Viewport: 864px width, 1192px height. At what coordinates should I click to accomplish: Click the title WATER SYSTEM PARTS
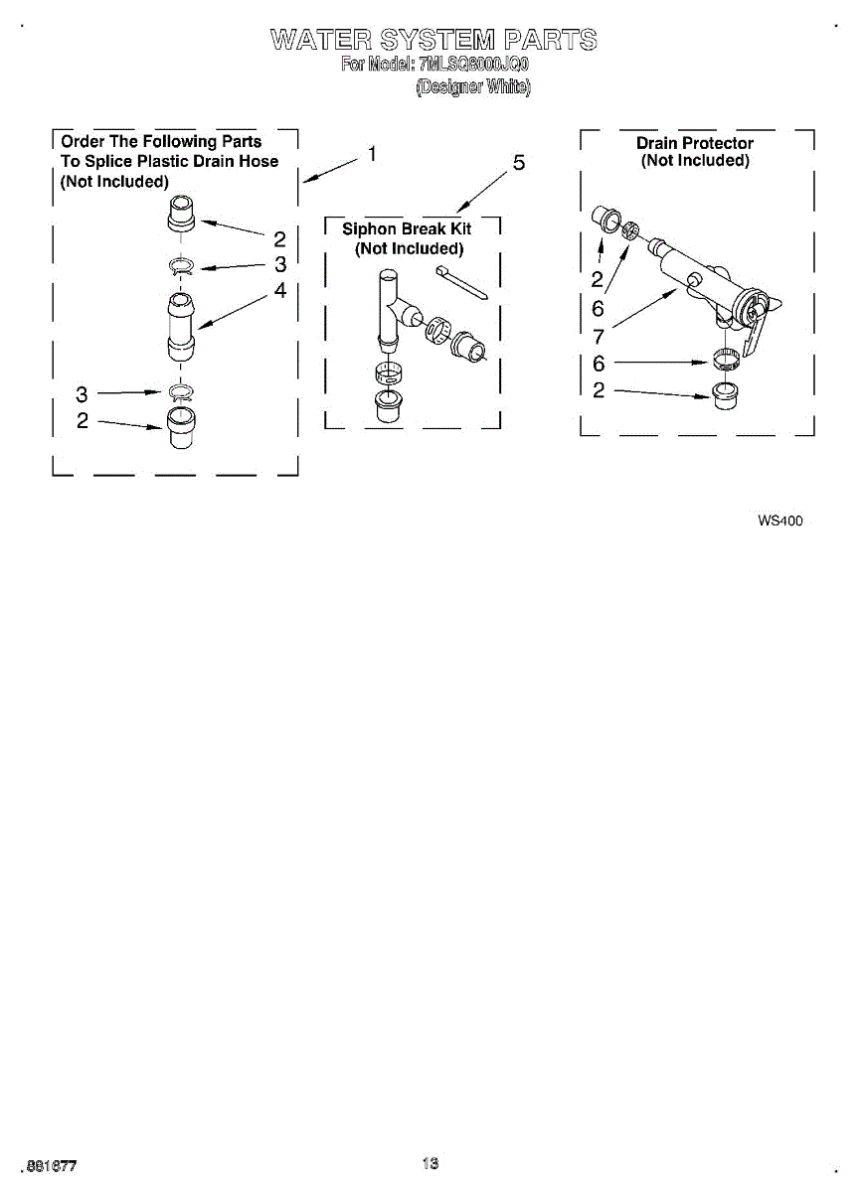433,41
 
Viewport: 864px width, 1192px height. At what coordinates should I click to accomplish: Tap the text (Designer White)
472,87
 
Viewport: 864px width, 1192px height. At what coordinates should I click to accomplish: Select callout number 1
371,154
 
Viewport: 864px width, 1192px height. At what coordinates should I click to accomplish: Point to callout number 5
518,163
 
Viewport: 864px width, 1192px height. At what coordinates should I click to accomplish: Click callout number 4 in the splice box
279,290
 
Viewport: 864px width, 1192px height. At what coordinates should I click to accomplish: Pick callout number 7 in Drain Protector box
598,337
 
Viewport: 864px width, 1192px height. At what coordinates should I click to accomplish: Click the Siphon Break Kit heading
407,229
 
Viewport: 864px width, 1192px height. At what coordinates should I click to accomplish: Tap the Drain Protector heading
694,143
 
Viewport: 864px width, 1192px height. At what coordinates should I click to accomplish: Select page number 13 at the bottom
430,1163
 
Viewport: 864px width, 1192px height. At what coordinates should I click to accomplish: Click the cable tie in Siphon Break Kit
459,280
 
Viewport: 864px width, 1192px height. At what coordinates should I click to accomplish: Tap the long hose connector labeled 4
180,324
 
